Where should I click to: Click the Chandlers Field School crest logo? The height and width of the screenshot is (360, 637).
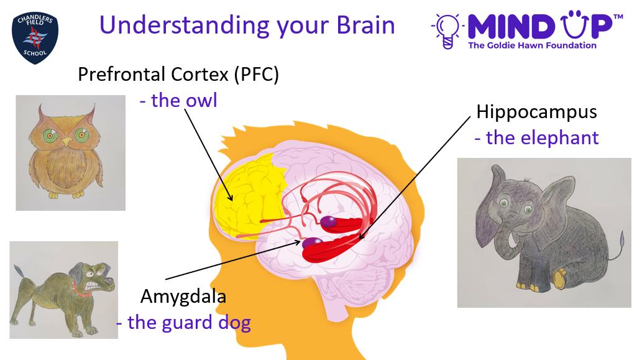pos(35,38)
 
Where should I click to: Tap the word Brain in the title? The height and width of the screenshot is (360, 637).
pos(365,25)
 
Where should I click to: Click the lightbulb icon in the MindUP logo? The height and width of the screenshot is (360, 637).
pos(447,31)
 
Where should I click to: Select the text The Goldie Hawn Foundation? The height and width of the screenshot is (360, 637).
pos(532,45)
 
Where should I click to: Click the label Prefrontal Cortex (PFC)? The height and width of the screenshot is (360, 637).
pos(178,75)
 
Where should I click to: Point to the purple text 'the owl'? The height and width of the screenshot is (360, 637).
pos(178,100)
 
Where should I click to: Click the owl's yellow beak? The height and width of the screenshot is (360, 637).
pos(66,142)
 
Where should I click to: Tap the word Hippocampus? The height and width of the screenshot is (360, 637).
pos(536,113)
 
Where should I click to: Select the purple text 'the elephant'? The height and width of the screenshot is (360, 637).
pos(537,138)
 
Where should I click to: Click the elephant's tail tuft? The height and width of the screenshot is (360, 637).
pos(622,236)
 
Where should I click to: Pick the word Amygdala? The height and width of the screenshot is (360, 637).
pos(183,297)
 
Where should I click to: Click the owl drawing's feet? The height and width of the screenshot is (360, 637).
pos(66,195)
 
